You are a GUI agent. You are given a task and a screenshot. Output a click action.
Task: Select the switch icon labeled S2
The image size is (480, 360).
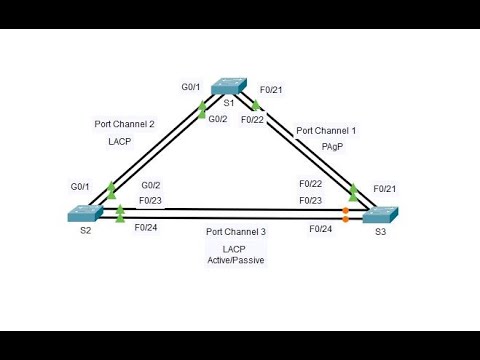82,213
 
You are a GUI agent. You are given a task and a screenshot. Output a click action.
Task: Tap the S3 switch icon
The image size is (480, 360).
380,214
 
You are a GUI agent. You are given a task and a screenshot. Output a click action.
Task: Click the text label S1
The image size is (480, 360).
229,103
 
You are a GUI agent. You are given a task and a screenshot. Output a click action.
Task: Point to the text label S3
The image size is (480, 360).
380,233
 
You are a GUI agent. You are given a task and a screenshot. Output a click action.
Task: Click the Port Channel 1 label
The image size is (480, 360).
326,131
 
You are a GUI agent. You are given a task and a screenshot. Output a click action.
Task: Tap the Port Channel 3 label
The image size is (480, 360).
237,232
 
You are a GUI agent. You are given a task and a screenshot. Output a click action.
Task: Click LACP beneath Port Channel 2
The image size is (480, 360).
119,142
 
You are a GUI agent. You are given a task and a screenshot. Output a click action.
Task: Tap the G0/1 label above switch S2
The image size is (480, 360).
82,187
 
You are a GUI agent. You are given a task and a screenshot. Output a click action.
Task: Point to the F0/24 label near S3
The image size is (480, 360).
320,229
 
